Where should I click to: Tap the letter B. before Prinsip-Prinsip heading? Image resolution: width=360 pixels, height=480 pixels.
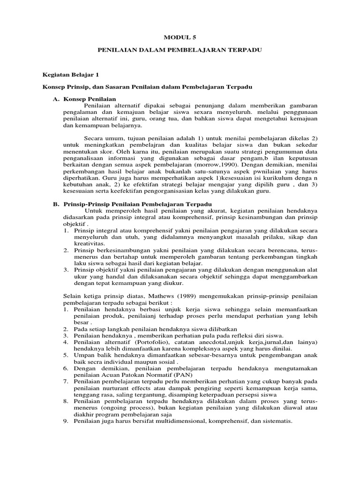tap(55, 204)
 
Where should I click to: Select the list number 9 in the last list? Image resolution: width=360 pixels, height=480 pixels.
tap(66, 421)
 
